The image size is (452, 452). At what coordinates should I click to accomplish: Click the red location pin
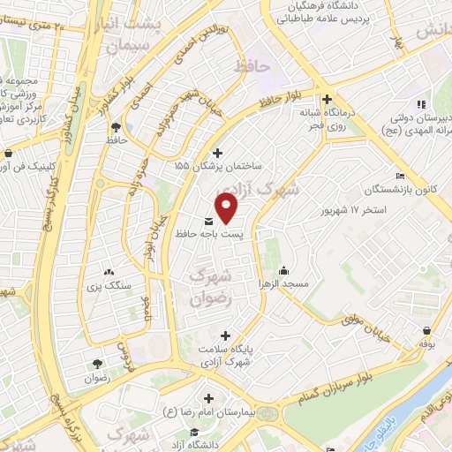tap(228, 206)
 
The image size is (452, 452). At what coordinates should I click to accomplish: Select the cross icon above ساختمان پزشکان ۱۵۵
tap(218, 154)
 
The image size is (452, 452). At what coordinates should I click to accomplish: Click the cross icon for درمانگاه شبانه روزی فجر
tap(328, 100)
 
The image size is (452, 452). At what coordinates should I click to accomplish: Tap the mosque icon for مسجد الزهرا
tap(283, 270)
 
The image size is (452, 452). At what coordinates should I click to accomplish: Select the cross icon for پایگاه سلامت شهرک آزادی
tap(226, 335)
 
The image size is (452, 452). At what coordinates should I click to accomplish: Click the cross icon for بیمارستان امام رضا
tap(208, 398)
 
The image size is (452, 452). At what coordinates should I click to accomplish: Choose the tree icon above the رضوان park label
tap(96, 364)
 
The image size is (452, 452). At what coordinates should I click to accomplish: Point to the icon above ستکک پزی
tap(109, 273)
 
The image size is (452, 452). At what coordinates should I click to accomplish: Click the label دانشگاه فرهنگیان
tap(343, 8)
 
